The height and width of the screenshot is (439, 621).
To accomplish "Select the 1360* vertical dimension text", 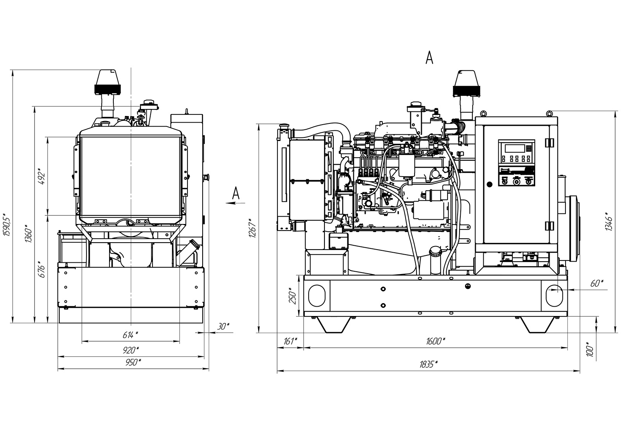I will pyautogui.click(x=28, y=234).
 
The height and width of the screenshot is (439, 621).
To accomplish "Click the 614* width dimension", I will pyautogui.click(x=130, y=335).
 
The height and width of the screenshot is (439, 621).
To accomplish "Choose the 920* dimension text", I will pyautogui.click(x=131, y=350).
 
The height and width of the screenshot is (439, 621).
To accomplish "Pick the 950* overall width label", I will pyautogui.click(x=133, y=362).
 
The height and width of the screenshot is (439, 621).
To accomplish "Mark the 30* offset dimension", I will pyautogui.click(x=223, y=327).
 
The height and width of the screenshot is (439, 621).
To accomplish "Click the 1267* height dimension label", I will pyautogui.click(x=252, y=229).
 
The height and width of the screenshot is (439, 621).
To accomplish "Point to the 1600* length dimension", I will pyautogui.click(x=435, y=341).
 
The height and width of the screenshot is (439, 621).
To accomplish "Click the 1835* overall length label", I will pyautogui.click(x=428, y=364).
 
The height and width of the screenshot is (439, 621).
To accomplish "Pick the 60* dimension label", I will pyautogui.click(x=597, y=283).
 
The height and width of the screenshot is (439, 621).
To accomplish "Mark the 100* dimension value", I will pyautogui.click(x=590, y=349).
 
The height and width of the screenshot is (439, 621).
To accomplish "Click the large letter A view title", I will pyautogui.click(x=429, y=58).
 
